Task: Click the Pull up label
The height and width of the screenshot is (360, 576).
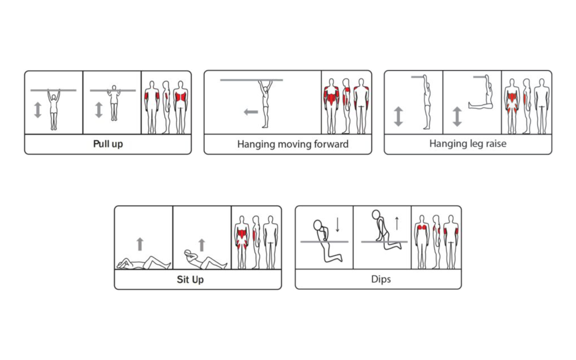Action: [x=108, y=144]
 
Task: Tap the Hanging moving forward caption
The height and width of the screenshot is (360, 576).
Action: [x=293, y=144]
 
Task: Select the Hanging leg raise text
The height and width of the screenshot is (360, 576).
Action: [x=468, y=144]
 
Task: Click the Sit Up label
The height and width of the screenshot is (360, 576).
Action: [x=190, y=279]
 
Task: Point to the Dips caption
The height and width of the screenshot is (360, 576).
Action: [x=381, y=279]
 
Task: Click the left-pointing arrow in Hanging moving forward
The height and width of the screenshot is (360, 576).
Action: [x=251, y=112]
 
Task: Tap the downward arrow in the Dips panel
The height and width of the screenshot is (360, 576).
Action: [x=337, y=225]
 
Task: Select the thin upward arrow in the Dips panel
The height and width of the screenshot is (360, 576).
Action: [x=397, y=223]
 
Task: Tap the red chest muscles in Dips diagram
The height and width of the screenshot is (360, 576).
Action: [x=422, y=227]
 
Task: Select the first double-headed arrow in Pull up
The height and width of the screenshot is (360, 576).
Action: [x=38, y=110]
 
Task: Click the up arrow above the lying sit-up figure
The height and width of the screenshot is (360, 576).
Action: [x=140, y=244]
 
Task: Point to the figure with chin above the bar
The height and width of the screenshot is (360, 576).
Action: [x=114, y=103]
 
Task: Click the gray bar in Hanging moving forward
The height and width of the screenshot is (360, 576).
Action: [x=252, y=80]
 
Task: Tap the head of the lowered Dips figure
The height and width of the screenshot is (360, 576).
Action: [x=318, y=225]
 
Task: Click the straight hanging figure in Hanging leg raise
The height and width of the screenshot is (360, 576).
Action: [x=426, y=102]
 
